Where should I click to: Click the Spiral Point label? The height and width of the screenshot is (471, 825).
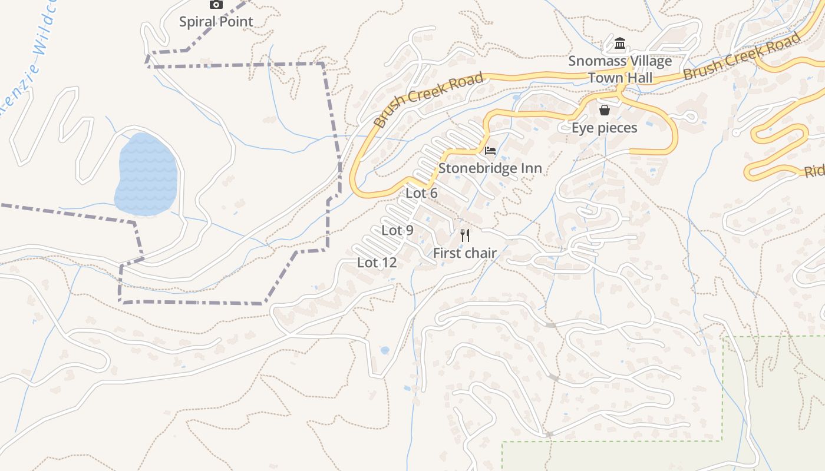(216, 22)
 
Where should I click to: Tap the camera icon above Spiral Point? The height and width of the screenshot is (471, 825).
(216, 5)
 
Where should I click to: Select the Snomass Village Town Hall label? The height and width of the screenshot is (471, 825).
(620, 69)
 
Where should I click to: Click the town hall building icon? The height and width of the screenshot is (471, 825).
(620, 44)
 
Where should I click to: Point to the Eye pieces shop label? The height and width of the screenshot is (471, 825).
(605, 128)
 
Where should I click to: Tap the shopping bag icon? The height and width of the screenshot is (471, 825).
(605, 110)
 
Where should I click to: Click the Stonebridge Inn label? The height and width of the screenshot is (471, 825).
(490, 168)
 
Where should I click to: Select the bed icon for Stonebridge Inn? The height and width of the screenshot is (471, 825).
(490, 151)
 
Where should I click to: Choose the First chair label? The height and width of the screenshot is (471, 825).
(465, 253)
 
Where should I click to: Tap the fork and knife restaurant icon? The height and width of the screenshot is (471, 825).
(465, 236)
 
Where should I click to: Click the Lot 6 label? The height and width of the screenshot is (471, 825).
(421, 193)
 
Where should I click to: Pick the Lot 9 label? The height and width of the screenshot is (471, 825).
(397, 230)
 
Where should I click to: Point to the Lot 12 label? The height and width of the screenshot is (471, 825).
(377, 263)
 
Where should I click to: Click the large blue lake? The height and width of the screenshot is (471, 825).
(146, 174)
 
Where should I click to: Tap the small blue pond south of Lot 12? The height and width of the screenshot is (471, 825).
(385, 350)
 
